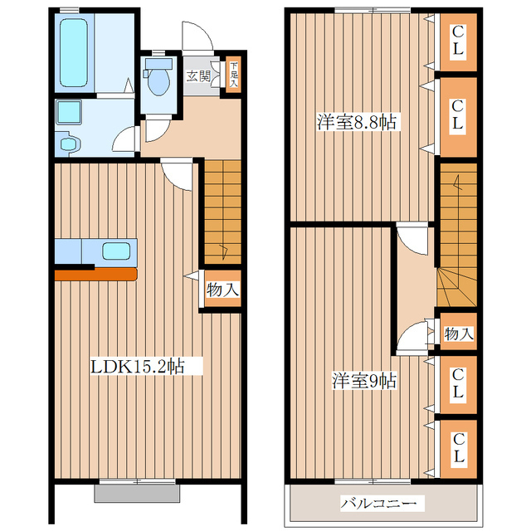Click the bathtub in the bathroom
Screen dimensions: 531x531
[x=74, y=52]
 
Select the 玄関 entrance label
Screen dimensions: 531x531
[x=198, y=76]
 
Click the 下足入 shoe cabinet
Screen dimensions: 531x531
[x=234, y=75]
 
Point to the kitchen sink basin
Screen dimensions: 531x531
[x=116, y=251]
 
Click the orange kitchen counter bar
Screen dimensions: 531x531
[x=96, y=274]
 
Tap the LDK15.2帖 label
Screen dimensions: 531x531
[x=138, y=366]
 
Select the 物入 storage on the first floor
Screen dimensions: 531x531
[x=222, y=289]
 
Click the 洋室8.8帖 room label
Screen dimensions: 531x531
[x=357, y=122]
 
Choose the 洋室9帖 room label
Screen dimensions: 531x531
[x=363, y=380]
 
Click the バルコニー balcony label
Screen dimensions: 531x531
[x=378, y=504]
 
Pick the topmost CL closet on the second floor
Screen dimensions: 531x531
[x=458, y=42]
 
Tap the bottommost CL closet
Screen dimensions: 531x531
[x=458, y=448]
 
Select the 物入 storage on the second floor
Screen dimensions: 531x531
[x=458, y=334]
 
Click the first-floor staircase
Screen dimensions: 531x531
[x=223, y=212]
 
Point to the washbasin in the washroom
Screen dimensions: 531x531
[x=69, y=144]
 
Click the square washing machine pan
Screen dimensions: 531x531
[x=69, y=112]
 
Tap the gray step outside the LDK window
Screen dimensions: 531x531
[x=137, y=493]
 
